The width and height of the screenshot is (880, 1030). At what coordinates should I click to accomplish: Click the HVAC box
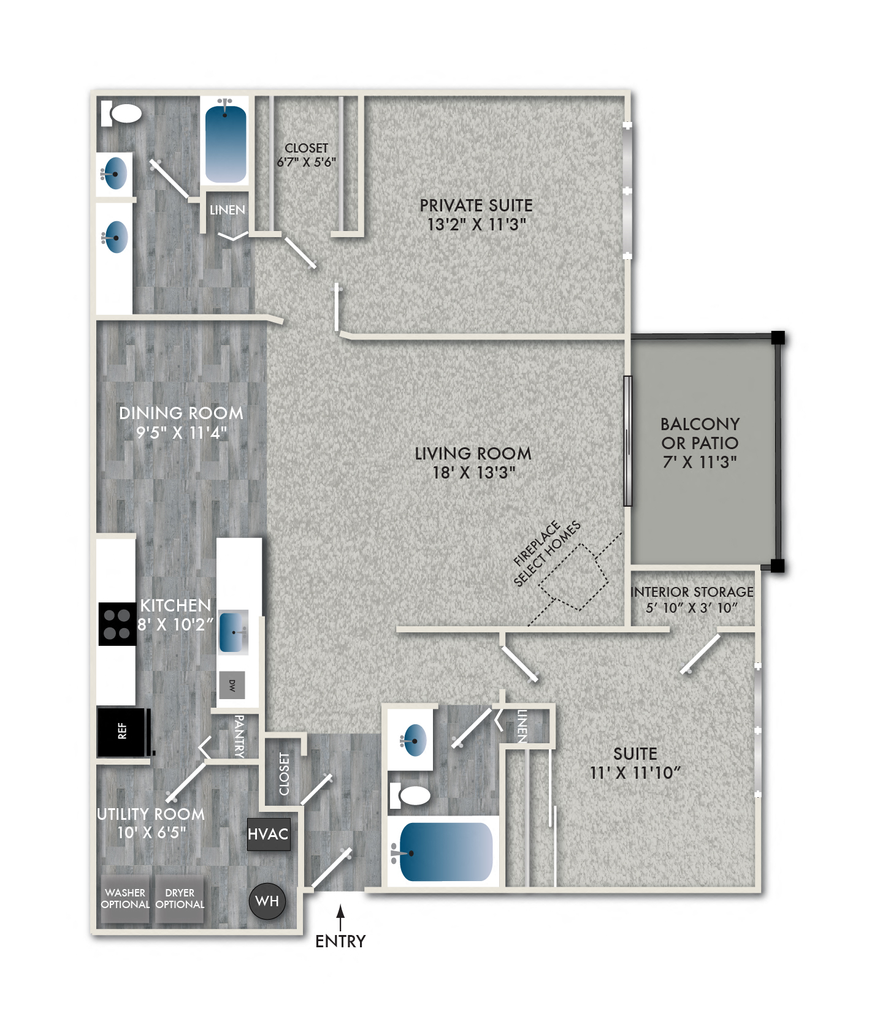pos(267,834)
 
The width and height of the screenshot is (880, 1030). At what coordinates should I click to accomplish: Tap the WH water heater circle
pos(267,901)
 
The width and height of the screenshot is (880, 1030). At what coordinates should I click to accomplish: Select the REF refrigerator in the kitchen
pos(123,731)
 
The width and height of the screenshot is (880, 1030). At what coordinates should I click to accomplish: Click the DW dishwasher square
pos(232,685)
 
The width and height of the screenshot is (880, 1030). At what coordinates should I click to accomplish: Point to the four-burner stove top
pos(117,624)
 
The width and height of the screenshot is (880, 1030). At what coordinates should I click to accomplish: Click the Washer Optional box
pos(125,899)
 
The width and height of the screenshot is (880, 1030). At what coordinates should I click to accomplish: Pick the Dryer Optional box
pos(180,899)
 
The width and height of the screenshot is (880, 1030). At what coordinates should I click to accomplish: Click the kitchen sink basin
pos(232,632)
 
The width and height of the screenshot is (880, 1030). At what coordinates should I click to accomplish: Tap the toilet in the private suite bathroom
pos(122,113)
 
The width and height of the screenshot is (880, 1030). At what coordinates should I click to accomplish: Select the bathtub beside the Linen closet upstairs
pos(226,142)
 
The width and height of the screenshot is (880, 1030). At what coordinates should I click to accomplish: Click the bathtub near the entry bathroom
pos(446,852)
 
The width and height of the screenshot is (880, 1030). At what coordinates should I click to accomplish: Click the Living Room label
pos(473,453)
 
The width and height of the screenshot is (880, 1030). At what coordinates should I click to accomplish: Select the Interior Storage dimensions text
pos(692,608)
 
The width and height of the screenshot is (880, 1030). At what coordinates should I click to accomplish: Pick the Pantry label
pos(239,736)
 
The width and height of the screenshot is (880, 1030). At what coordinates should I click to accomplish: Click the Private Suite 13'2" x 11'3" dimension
pos(476,224)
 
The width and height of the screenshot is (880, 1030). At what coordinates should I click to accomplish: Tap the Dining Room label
pos(181,413)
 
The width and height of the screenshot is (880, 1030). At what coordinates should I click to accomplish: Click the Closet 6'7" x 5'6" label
pos(306,155)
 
